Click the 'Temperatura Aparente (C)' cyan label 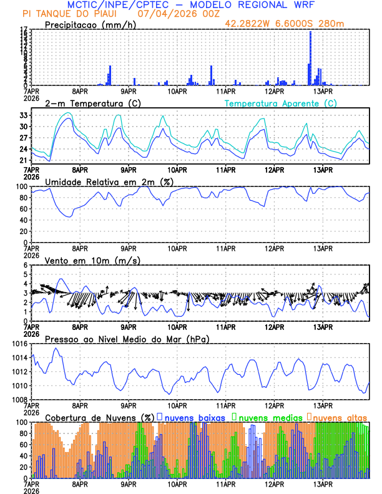coord(281,103)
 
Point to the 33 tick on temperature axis coord(24,115)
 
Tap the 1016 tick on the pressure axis coord(19,344)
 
